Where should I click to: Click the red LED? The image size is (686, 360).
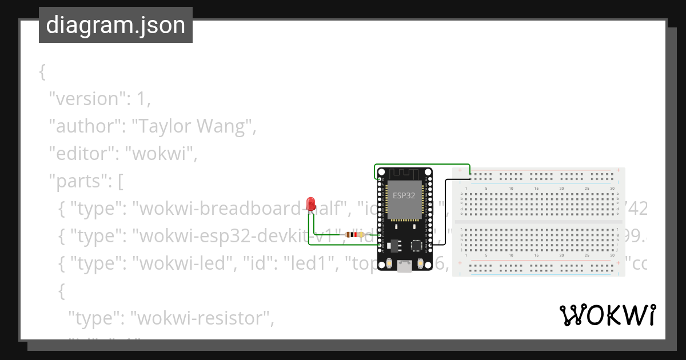tap(311, 203)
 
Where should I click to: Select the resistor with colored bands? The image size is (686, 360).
tap(354, 234)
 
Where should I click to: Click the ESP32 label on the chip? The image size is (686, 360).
tap(404, 195)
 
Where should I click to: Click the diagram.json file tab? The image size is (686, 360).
tap(115, 25)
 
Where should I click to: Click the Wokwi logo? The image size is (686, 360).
tap(607, 315)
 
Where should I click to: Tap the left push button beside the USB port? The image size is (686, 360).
tap(389, 263)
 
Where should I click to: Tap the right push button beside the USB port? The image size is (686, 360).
tap(421, 263)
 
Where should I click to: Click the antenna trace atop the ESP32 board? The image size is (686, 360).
tap(405, 174)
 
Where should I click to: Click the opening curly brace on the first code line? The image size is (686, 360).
tap(42, 71)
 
